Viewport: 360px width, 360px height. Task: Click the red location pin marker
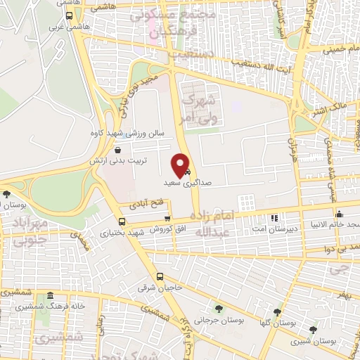(181, 165)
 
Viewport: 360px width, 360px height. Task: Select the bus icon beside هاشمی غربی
(68, 15)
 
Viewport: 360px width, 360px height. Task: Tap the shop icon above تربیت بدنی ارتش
(117, 150)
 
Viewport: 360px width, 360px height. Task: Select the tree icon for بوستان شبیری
(313, 329)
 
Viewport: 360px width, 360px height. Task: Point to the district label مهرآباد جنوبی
(26, 231)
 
